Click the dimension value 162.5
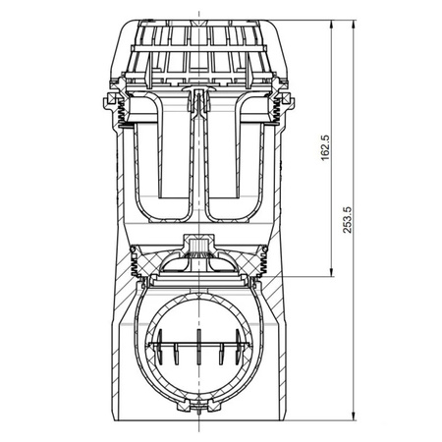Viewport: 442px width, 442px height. [x=326, y=147]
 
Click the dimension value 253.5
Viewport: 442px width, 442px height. [x=347, y=220]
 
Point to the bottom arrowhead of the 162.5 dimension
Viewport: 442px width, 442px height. [x=332, y=272]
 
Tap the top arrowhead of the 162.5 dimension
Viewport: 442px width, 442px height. [x=332, y=25]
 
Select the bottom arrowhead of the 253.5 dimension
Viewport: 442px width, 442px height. [x=354, y=416]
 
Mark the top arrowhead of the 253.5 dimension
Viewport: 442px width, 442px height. [x=354, y=25]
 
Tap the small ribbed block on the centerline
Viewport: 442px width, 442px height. [x=198, y=245]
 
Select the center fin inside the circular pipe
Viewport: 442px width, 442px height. [x=198, y=347]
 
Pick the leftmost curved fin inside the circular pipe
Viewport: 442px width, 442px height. [x=160, y=346]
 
